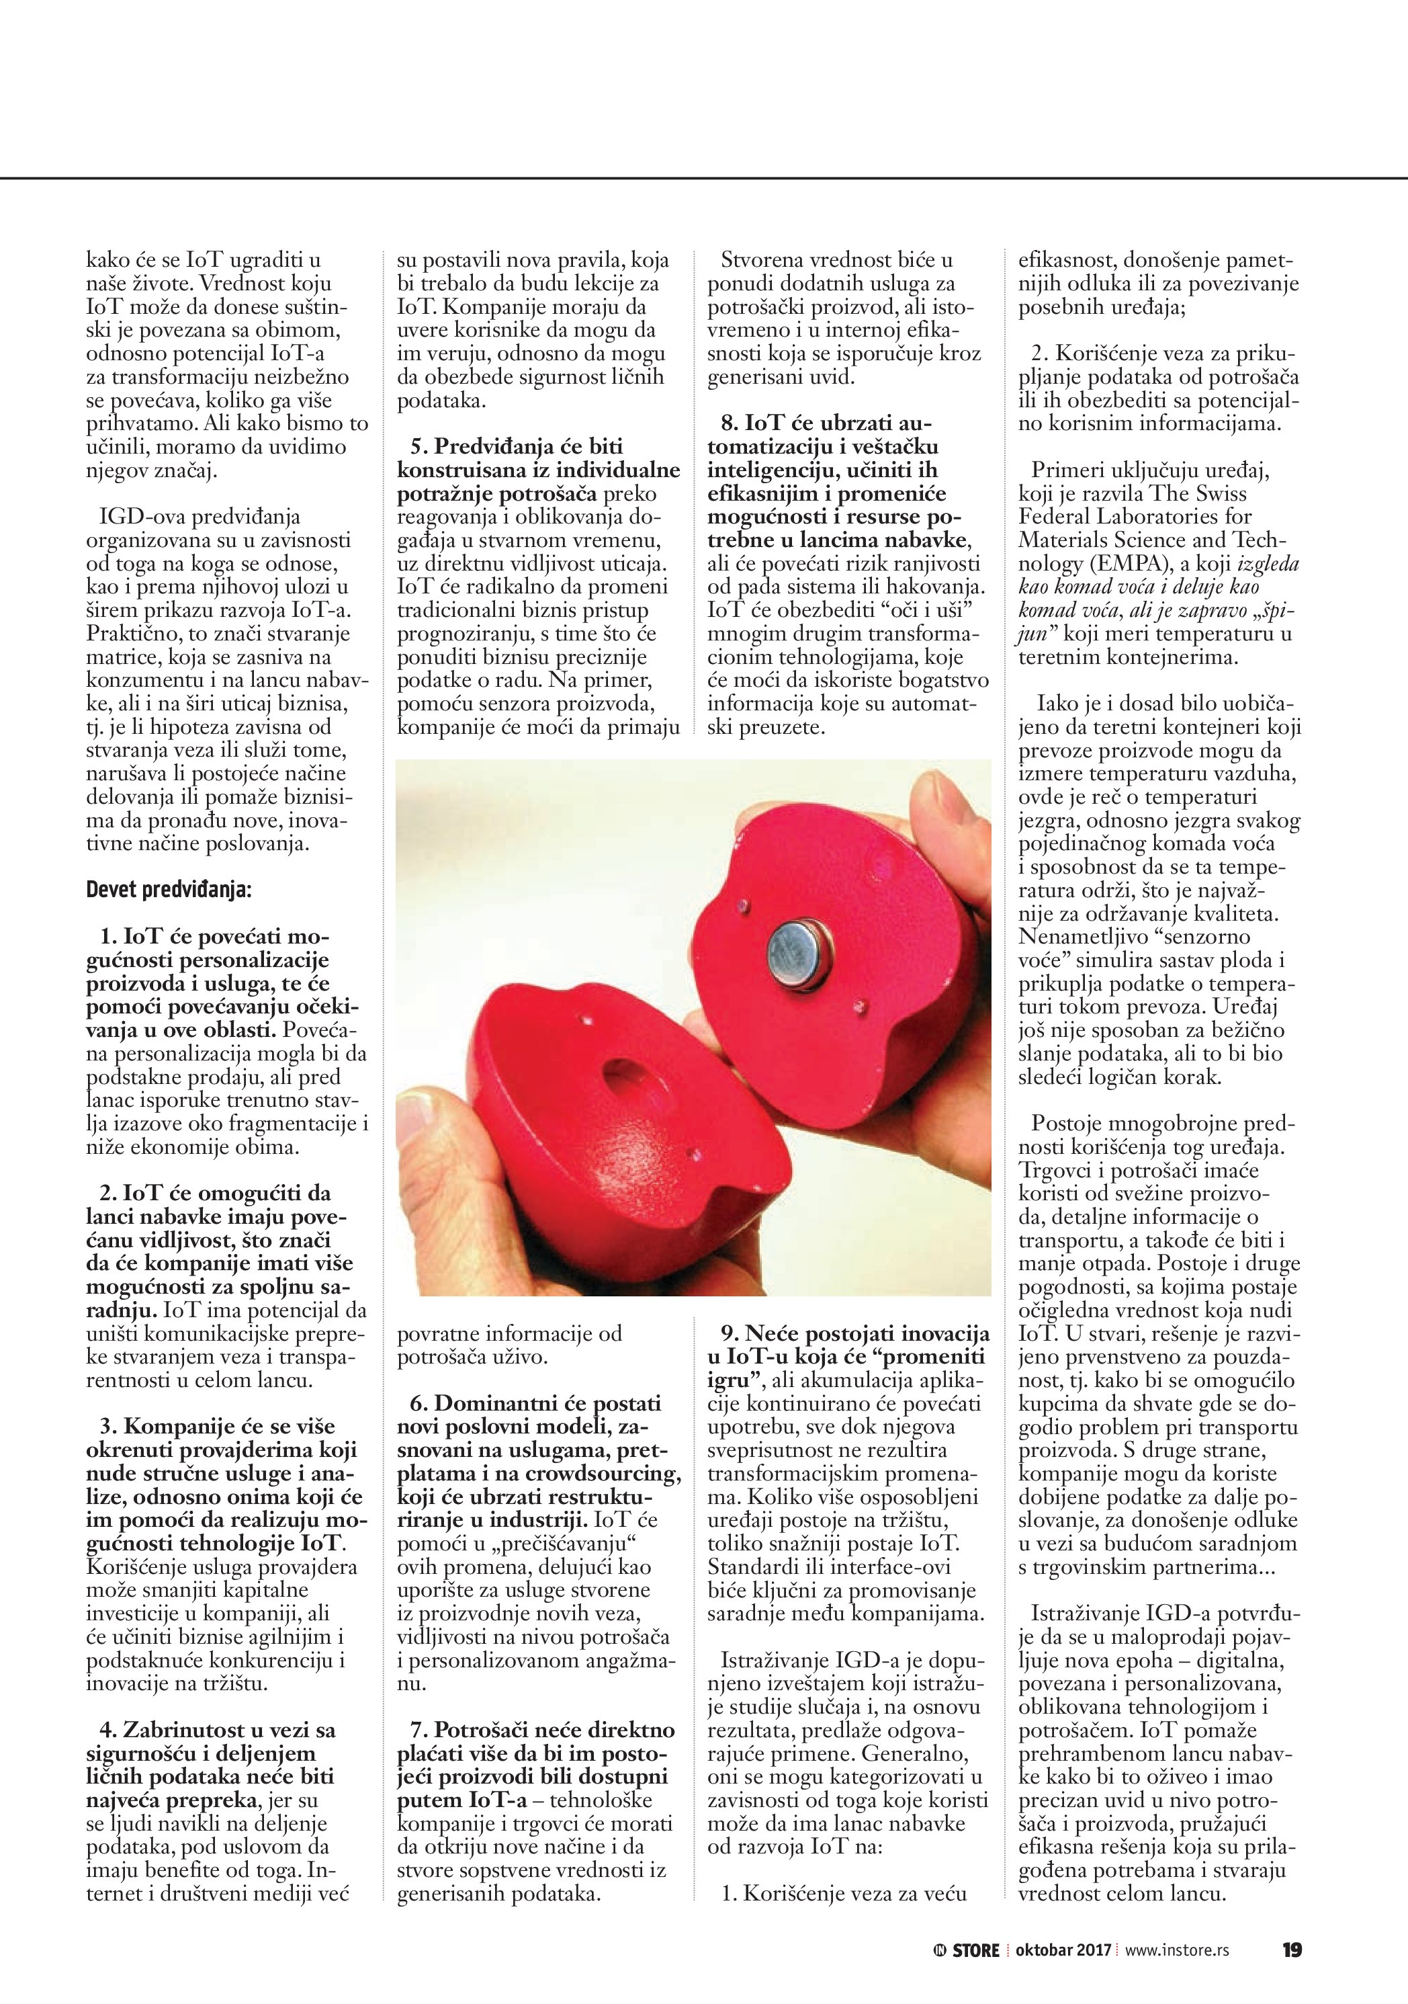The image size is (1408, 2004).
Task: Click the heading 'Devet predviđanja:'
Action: [169, 890]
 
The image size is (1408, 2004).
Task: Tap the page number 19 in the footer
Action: [1292, 1950]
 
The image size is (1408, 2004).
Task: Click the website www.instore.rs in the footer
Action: [1177, 1950]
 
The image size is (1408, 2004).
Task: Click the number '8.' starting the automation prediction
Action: [730, 423]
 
